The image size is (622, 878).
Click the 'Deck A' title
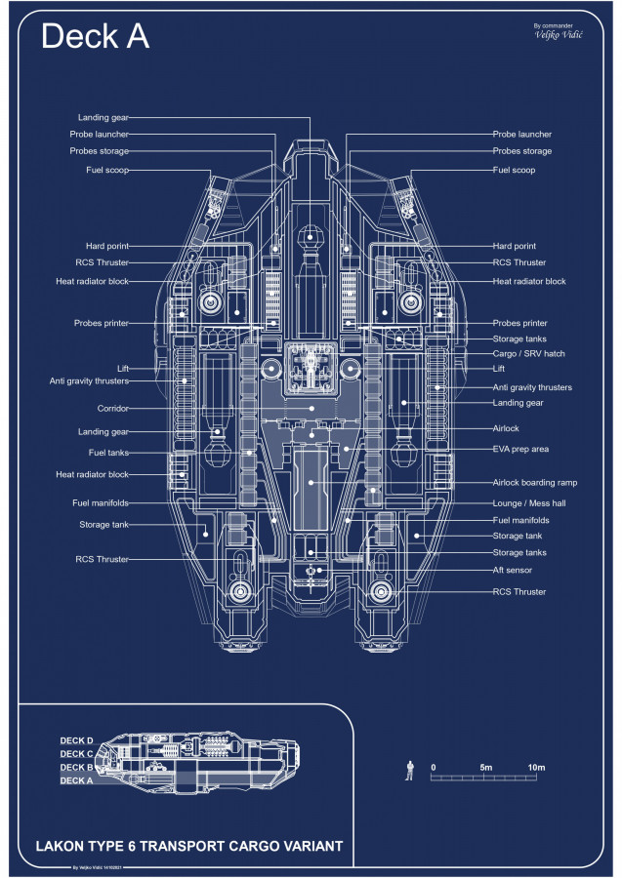(95, 36)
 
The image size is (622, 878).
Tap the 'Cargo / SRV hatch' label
(529, 353)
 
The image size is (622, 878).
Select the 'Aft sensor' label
(514, 570)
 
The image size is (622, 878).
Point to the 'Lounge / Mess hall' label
(529, 502)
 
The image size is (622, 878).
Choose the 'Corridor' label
(113, 408)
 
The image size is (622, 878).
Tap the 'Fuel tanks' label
(109, 453)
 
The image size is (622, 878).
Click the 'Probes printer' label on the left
(102, 323)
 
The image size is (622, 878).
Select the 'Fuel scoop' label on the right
(514, 170)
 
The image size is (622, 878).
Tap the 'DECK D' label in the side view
(77, 741)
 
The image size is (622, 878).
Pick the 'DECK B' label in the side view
(77, 768)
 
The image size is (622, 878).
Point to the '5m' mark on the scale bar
(485, 768)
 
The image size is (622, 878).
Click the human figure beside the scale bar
(410, 772)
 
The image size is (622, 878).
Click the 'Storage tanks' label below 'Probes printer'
(519, 339)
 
